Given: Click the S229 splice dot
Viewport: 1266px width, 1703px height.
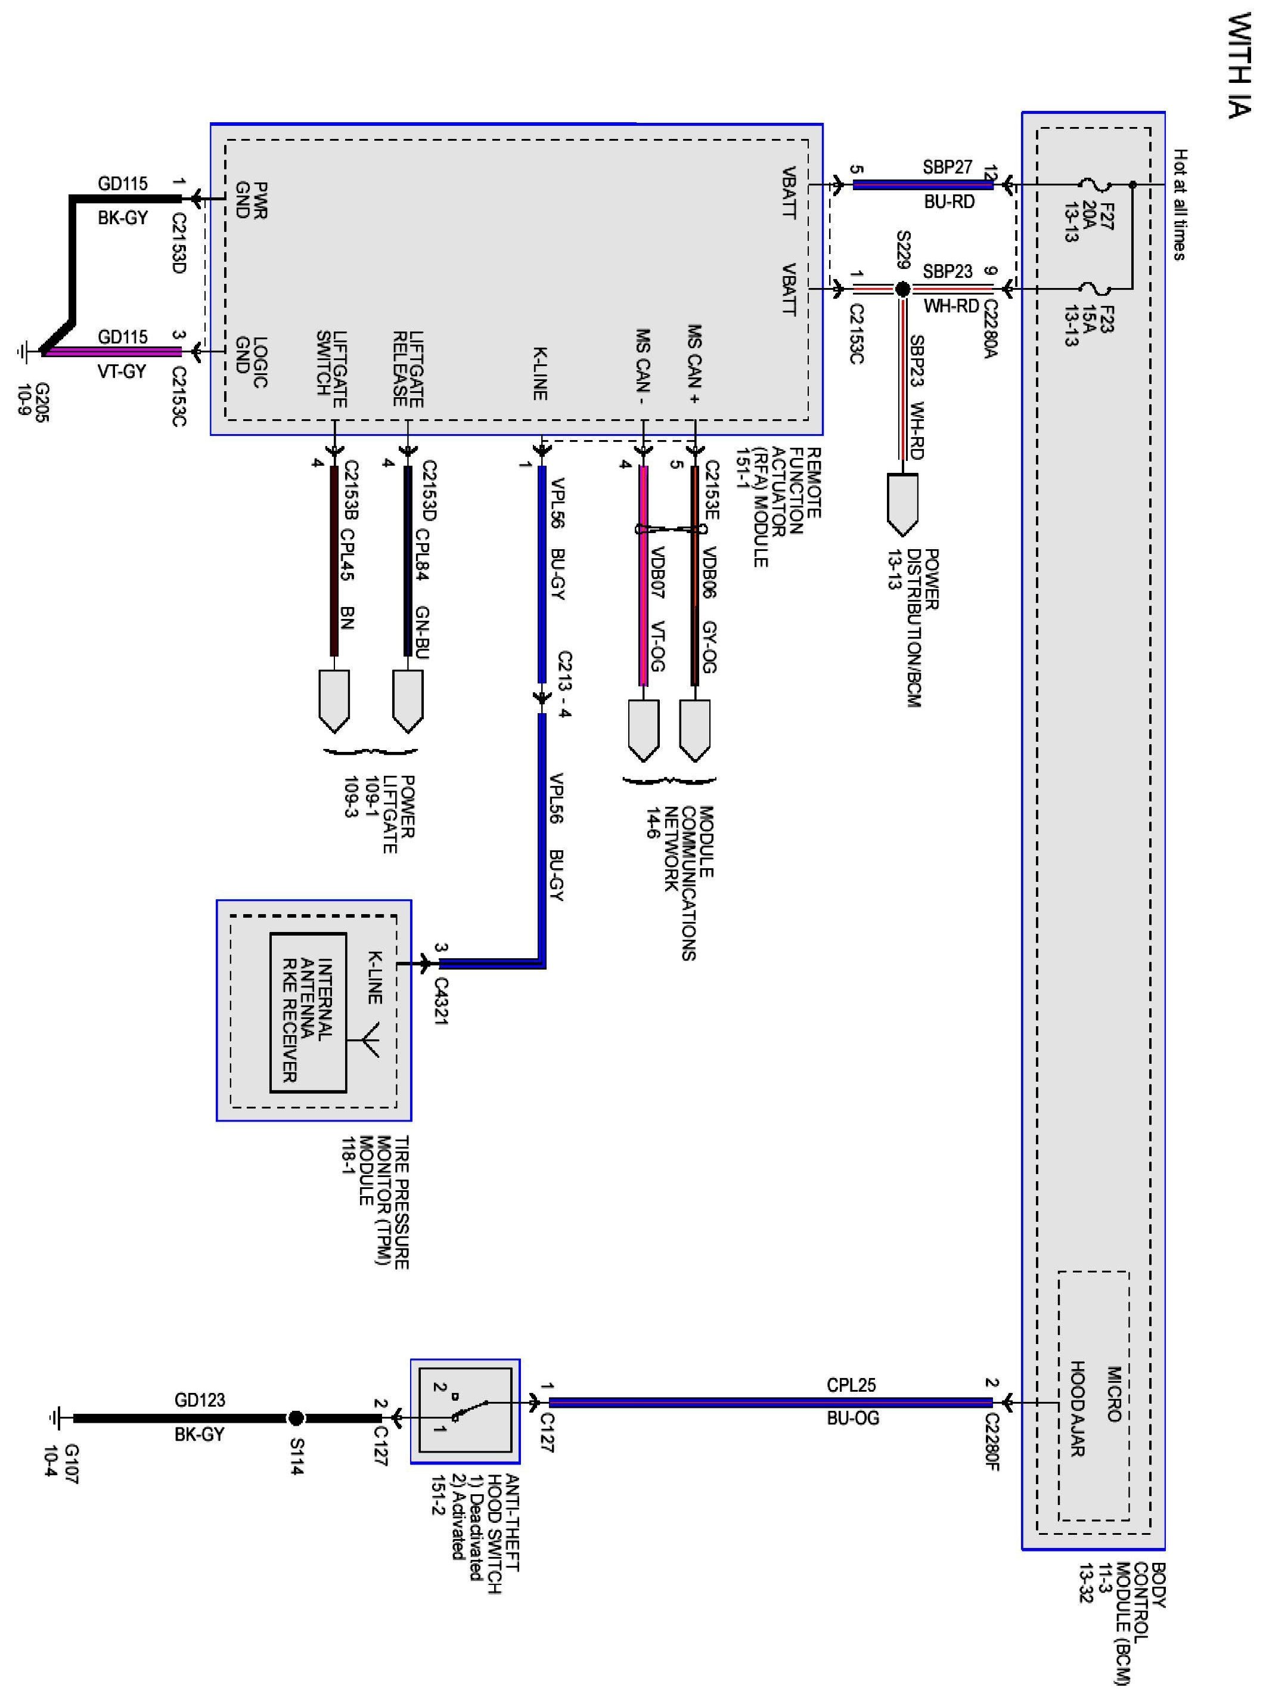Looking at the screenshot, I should click(x=903, y=290).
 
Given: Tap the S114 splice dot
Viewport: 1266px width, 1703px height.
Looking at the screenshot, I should click(x=296, y=1419).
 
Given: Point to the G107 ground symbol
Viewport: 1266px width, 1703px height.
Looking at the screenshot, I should click(x=56, y=1419).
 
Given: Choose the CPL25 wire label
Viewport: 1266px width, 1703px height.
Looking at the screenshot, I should click(x=851, y=1386).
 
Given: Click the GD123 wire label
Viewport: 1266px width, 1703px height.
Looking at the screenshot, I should click(x=200, y=1400).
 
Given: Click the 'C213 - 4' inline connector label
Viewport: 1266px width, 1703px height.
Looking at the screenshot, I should click(x=565, y=684).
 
